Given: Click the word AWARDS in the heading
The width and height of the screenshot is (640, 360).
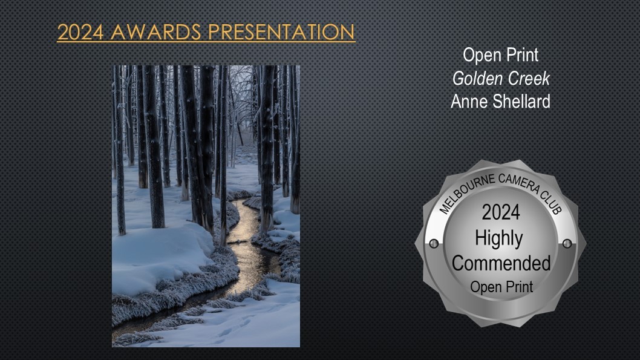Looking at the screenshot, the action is tap(155, 32).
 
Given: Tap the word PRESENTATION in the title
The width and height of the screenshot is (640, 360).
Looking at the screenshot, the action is tap(281, 32).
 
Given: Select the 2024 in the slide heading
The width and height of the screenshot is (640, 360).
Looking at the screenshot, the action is tap(80, 32).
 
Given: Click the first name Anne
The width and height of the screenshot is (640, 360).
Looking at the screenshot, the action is tap(469, 101).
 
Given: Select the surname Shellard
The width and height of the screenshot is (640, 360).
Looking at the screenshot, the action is tap(521, 101).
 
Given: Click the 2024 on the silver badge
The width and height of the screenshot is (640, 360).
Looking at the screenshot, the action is tap(501, 212).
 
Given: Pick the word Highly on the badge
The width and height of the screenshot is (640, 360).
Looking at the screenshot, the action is tap(499, 239).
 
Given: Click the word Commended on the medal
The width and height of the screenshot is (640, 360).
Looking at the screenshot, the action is tap(501, 263).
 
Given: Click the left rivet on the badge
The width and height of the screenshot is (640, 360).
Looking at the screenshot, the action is tap(434, 244).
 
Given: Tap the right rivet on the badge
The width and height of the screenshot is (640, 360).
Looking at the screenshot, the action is tap(567, 244).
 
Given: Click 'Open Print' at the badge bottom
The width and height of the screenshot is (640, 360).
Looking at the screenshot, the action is tap(501, 287).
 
